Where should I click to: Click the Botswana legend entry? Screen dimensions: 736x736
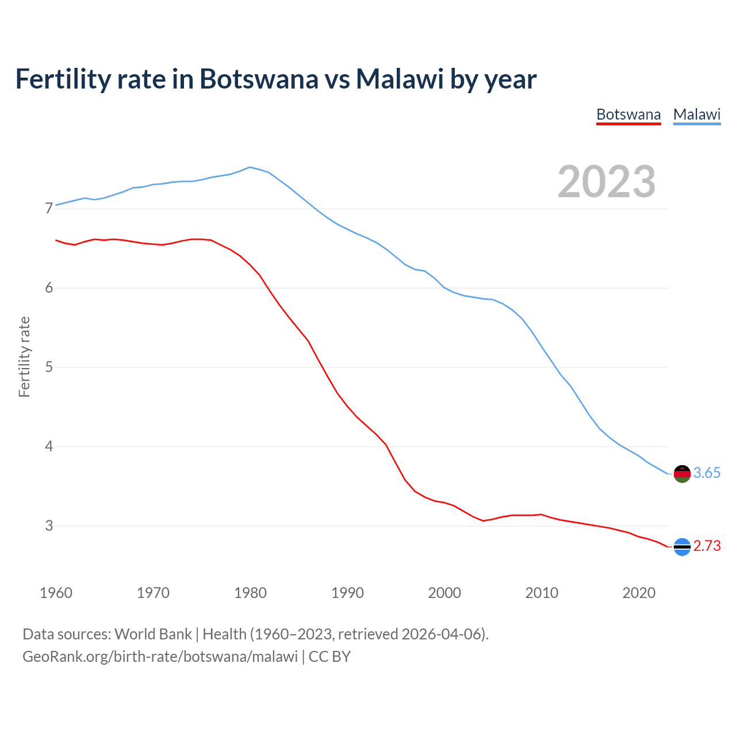[x=628, y=114]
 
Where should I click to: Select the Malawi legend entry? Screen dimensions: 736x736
[x=697, y=114]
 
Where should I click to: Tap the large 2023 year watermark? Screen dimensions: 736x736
[x=607, y=182]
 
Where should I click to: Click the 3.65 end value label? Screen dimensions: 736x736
[x=707, y=473]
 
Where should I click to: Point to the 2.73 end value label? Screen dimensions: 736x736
[x=707, y=546]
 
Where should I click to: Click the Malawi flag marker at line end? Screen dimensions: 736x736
[x=682, y=474]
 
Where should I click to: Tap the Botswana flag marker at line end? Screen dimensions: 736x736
[x=682, y=547]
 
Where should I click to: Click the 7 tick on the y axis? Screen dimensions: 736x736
[x=49, y=208]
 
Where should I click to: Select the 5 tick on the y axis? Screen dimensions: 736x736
[x=49, y=367]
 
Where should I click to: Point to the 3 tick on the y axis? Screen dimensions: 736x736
[x=49, y=526]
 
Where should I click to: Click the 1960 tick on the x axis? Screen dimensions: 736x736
[x=56, y=593]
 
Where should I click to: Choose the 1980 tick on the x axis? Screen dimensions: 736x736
[x=250, y=593]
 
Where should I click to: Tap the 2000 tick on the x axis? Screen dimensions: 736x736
[x=444, y=593]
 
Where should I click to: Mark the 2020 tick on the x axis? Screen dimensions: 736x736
[x=639, y=593]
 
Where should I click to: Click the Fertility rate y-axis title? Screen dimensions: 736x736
[x=24, y=356]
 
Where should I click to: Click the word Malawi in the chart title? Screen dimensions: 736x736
[x=400, y=79]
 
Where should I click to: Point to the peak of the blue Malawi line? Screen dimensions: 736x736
[x=250, y=167]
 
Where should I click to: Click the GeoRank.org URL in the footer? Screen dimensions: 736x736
[x=160, y=656]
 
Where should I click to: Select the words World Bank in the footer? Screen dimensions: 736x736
[x=153, y=634]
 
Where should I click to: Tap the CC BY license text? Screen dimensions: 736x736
[x=329, y=656]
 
